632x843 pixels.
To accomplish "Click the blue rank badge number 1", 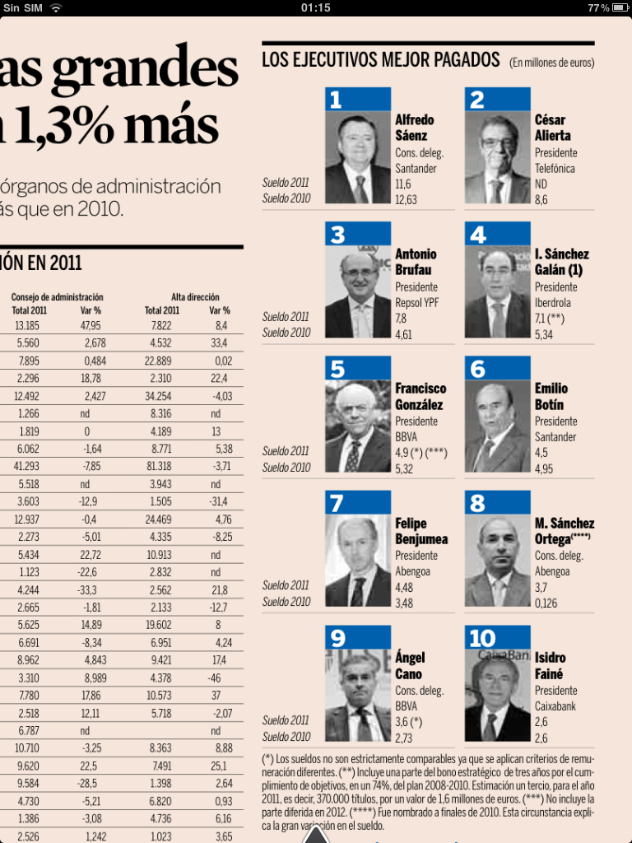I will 357,100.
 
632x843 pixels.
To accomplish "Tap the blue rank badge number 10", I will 497,637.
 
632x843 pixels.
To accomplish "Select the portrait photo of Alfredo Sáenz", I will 357,157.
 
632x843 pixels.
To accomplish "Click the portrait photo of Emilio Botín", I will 497,426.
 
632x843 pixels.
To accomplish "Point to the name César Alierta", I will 552,128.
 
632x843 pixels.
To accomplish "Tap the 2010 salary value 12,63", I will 406,200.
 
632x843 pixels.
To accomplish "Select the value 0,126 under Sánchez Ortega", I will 546,603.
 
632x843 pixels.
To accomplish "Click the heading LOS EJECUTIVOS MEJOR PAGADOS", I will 380,60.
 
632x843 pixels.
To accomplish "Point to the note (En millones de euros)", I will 551,63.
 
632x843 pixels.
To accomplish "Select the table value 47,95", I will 91,325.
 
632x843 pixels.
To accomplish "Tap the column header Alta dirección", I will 195,296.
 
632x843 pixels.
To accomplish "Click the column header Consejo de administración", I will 58,296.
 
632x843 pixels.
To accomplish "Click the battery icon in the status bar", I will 620,7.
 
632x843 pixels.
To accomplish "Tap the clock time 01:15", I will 316,7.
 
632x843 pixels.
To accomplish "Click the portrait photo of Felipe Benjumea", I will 357,561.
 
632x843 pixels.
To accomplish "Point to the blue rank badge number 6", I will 497,368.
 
